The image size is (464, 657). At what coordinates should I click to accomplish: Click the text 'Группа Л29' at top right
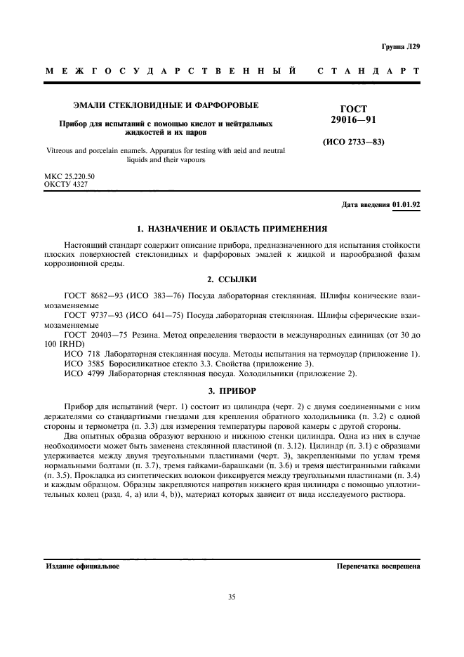(401, 47)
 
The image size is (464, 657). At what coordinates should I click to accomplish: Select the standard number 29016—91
(354, 121)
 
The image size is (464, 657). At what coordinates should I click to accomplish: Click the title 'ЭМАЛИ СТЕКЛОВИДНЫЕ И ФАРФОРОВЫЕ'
(166, 105)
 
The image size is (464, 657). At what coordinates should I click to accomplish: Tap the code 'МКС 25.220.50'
(70, 176)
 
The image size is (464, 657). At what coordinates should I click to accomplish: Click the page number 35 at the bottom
(232, 597)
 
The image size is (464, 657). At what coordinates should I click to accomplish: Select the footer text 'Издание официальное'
(83, 566)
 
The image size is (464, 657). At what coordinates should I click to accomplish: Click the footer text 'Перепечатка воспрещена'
(378, 566)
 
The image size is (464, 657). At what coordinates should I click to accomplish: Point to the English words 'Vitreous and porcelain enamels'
(95, 150)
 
